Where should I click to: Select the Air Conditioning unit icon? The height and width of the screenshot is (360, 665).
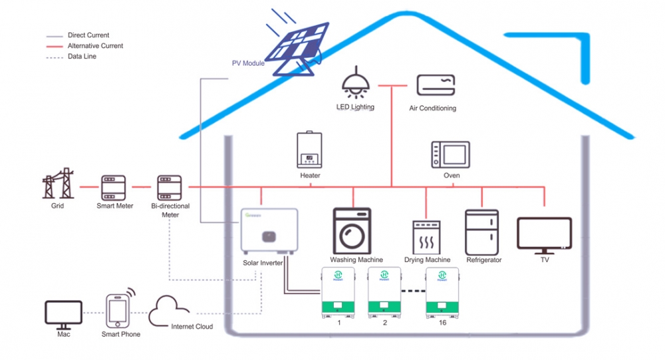tap(436, 85)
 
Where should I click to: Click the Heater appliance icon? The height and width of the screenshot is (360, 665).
tap(310, 150)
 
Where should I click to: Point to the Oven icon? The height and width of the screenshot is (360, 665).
tap(450, 154)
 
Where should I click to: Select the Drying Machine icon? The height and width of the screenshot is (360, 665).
tap(426, 237)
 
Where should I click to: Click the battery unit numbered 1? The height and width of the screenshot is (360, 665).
tap(339, 291)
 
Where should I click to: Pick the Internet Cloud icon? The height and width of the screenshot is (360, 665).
tap(170, 309)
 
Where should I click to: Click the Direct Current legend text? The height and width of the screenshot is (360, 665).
tap(88, 35)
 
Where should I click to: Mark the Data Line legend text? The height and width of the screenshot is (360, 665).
tap(82, 57)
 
